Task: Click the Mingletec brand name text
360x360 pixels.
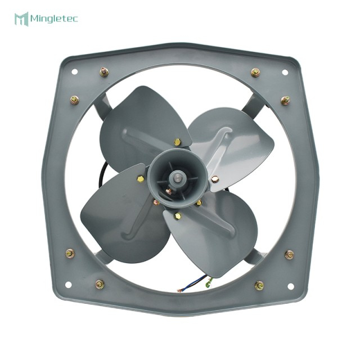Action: [55, 19]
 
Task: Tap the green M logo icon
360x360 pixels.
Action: [21, 19]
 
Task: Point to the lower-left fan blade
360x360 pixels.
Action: [115, 211]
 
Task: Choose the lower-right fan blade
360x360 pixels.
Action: [217, 236]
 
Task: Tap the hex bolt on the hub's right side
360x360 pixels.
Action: [215, 179]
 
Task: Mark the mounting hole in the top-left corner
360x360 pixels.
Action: [74, 71]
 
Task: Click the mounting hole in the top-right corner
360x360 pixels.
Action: [285, 72]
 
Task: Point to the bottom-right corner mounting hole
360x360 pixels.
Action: [291, 286]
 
